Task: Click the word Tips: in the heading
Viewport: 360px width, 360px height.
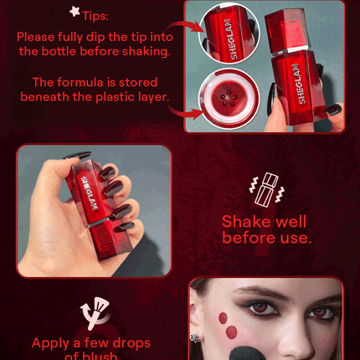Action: pyautogui.click(x=95, y=16)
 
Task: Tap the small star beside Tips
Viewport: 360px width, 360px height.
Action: pyautogui.click(x=75, y=11)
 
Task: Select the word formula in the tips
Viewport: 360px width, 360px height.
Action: pyautogui.click(x=80, y=82)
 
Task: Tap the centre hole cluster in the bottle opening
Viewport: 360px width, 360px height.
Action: pyautogui.click(x=229, y=100)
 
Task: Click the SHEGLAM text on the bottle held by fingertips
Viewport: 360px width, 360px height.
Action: pyautogui.click(x=299, y=84)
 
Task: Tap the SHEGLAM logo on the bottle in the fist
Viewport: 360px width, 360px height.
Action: pyautogui.click(x=90, y=193)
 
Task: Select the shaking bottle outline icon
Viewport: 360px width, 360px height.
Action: pyautogui.click(x=266, y=190)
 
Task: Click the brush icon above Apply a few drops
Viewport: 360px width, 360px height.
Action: pyautogui.click(x=95, y=312)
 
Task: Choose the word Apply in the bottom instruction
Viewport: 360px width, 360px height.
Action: pyautogui.click(x=50, y=344)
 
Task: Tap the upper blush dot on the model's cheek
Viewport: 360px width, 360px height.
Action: pyautogui.click(x=223, y=318)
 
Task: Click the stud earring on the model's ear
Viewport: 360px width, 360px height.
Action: pyautogui.click(x=195, y=337)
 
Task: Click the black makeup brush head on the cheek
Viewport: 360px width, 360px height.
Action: pyautogui.click(x=245, y=352)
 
